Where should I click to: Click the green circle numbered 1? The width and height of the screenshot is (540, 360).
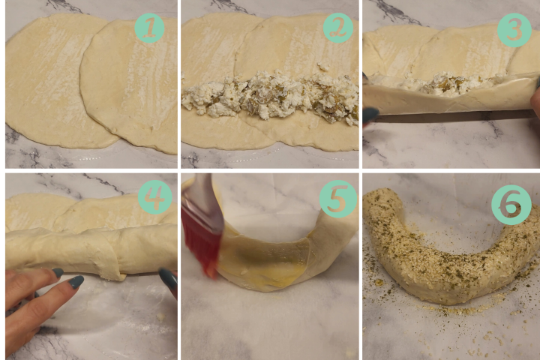[x=149, y=28]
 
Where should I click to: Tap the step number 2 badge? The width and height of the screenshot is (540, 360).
[x=337, y=28]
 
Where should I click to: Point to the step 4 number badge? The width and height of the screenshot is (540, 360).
[x=154, y=197]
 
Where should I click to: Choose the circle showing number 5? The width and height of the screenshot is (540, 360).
[x=337, y=199]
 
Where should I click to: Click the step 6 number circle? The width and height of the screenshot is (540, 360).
[x=511, y=205]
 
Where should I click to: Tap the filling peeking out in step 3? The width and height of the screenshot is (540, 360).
[x=448, y=82]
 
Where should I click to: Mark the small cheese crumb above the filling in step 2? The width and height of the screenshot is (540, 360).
[x=323, y=66]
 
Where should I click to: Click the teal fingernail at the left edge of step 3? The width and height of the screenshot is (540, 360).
[x=371, y=115]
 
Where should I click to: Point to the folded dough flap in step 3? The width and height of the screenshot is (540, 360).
[x=448, y=98]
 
